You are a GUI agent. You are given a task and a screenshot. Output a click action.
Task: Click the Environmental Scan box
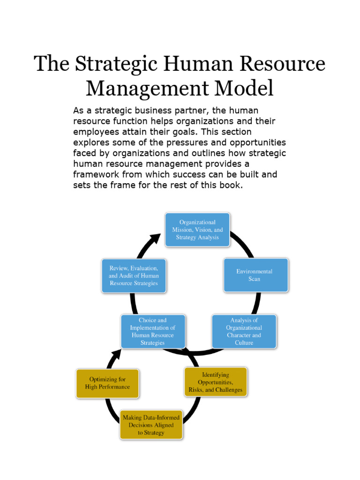tap(256, 275)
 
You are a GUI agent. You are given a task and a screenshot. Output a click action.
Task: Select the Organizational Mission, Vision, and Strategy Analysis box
tap(197, 230)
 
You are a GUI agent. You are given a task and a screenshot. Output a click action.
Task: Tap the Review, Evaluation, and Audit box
tap(134, 276)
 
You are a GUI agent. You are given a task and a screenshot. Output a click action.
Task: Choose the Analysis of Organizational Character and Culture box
tap(244, 331)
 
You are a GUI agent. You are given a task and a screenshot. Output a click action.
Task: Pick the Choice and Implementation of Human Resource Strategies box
tap(153, 331)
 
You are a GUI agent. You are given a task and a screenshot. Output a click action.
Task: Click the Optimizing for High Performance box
tap(107, 383)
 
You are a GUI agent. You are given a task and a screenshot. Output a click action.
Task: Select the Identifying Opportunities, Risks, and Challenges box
tap(216, 382)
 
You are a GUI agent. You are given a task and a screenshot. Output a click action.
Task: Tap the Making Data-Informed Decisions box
tap(151, 425)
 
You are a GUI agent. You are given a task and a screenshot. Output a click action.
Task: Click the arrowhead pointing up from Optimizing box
tap(116, 355)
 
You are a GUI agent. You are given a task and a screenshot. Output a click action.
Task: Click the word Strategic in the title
tap(116, 64)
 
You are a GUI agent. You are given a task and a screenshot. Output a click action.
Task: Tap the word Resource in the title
tap(282, 63)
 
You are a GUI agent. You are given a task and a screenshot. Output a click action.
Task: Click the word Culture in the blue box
tap(244, 343)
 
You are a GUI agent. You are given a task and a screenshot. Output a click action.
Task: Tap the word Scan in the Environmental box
tap(255, 279)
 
